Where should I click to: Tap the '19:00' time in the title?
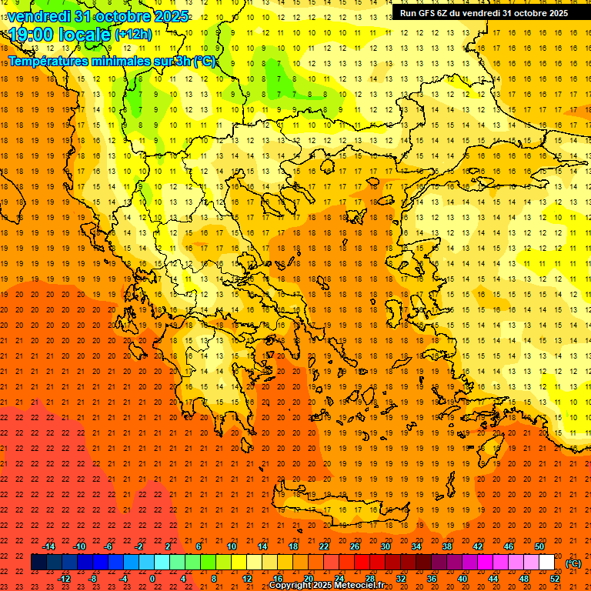(31, 35)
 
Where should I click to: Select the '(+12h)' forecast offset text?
(133, 35)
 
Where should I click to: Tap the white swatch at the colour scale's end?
(546, 563)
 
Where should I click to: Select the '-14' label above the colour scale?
(49, 546)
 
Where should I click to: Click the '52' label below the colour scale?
(555, 579)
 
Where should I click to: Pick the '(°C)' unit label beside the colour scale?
(573, 563)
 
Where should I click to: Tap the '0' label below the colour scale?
(153, 579)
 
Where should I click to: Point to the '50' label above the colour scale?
(539, 546)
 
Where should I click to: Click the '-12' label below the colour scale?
(64, 579)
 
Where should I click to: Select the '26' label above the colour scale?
(355, 546)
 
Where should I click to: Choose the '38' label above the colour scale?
(447, 546)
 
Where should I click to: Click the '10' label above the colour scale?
(231, 546)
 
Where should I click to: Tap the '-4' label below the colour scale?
(123, 579)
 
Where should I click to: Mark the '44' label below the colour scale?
(493, 579)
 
